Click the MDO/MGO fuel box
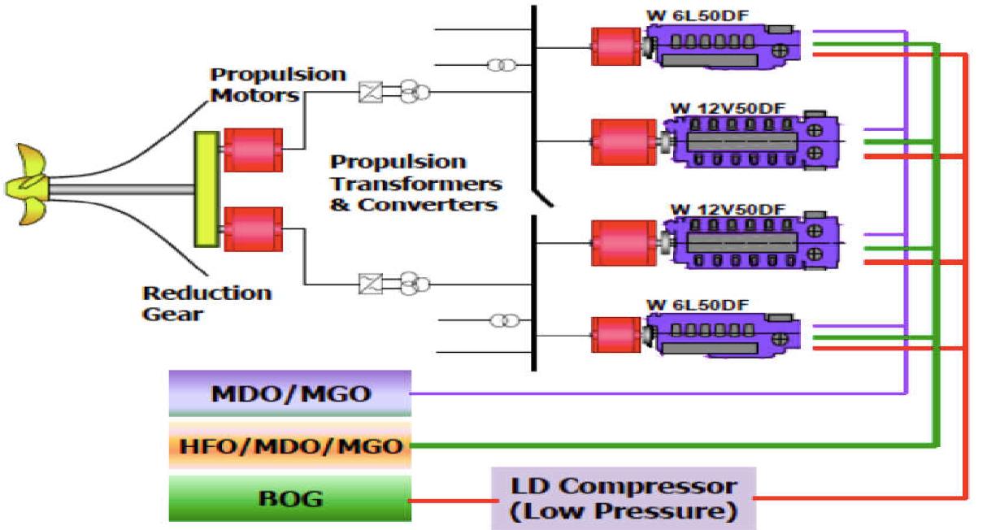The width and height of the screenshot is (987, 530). click(290, 394)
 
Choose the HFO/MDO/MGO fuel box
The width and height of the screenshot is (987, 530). click(290, 445)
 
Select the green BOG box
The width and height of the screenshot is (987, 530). click(290, 498)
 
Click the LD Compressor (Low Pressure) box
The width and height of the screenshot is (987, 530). click(624, 498)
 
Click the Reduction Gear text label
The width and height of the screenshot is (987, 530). click(207, 302)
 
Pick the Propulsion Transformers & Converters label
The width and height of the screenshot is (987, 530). click(415, 184)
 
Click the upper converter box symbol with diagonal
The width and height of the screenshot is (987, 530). click(370, 93)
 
